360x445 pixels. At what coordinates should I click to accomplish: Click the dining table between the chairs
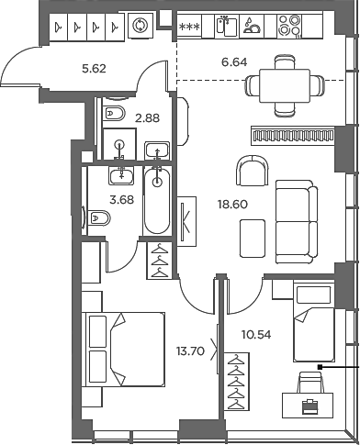point(285,86)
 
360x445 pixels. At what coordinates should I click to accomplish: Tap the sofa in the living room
point(296,224)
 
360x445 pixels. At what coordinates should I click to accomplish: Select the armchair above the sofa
point(251,170)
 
